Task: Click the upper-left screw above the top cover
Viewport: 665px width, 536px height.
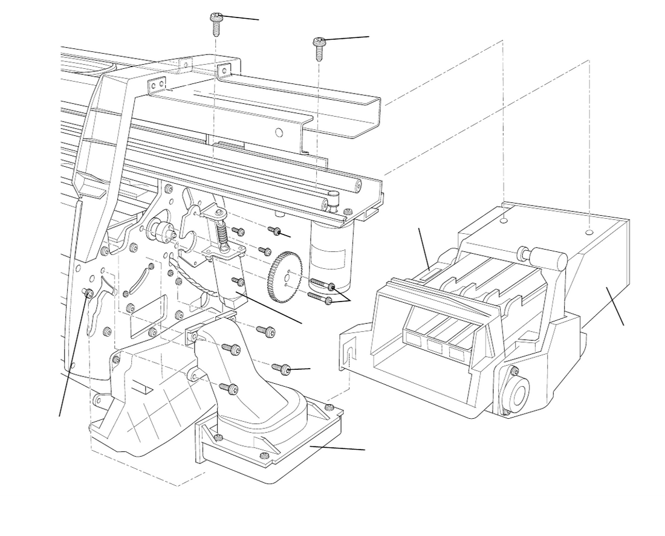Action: [216, 21]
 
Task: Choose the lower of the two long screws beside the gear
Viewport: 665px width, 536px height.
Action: [319, 298]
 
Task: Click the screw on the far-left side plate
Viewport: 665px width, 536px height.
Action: [87, 293]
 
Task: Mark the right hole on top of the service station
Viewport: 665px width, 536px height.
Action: [589, 231]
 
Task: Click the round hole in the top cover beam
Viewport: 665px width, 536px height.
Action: [279, 132]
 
